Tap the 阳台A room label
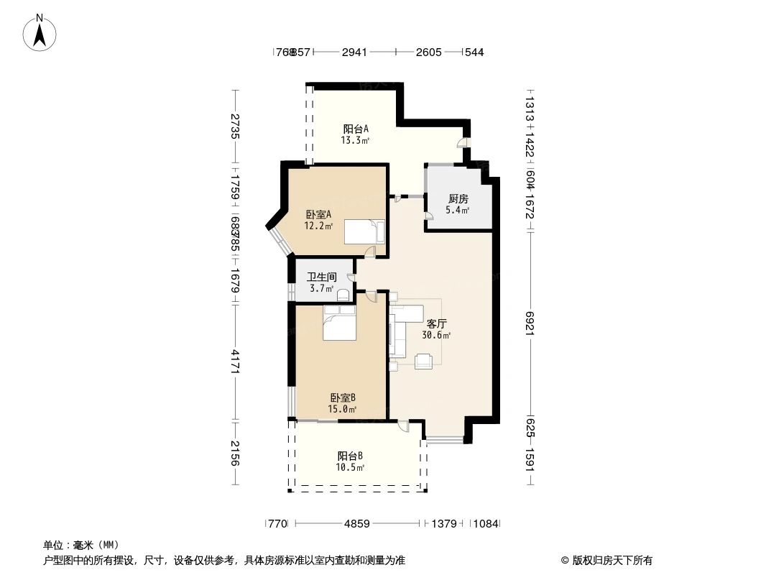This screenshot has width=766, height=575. pyautogui.click(x=355, y=129)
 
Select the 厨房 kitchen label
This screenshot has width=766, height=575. pyautogui.click(x=458, y=199)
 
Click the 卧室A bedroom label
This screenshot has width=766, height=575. pyautogui.click(x=318, y=214)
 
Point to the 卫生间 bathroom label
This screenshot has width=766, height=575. pyautogui.click(x=321, y=277)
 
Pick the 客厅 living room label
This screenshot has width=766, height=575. pyautogui.click(x=438, y=324)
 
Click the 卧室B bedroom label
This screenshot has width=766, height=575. pyautogui.click(x=343, y=397)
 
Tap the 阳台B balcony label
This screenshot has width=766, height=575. pyautogui.click(x=350, y=456)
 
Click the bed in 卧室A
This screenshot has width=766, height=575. pyautogui.click(x=364, y=232)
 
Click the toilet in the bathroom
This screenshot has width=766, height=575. pyautogui.click(x=343, y=293)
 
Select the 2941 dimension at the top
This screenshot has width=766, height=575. pyautogui.click(x=354, y=52)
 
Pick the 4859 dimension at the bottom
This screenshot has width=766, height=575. pyautogui.click(x=356, y=524)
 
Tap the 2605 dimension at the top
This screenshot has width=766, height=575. pyautogui.click(x=428, y=52)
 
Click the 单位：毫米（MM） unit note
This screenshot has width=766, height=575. pyautogui.click(x=81, y=545)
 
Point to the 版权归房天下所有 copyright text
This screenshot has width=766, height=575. pyautogui.click(x=607, y=560)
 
